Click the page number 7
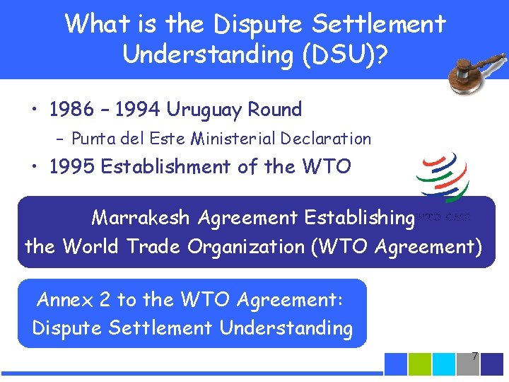coord(474,356)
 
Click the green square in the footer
coord(420,363)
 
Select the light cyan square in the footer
coord(444,363)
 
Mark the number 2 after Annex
coord(105,300)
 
